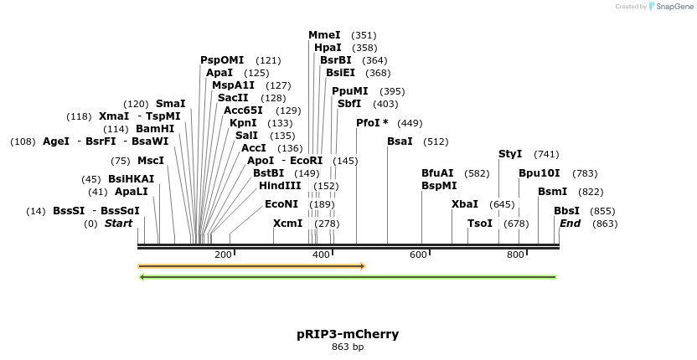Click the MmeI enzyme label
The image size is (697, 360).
324,35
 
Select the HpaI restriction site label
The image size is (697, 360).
328,48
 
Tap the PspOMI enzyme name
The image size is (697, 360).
222,60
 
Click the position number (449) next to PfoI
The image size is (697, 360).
410,123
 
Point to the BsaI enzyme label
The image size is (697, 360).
400,141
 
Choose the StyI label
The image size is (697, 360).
510,154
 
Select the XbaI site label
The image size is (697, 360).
465,204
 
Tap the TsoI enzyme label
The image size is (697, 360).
480,224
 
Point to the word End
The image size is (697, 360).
570,224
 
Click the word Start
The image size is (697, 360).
118,224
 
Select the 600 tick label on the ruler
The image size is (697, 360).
418,255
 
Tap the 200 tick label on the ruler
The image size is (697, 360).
223,255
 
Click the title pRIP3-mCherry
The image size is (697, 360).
348,334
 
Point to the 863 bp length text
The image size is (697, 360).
348,347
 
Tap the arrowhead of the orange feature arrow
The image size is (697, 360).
363,266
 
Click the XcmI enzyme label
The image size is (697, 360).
287,224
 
